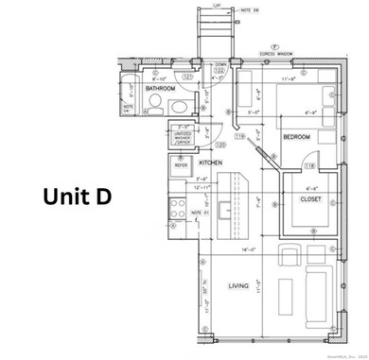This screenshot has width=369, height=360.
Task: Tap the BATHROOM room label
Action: (x=162, y=89)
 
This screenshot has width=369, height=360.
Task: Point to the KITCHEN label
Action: (x=209, y=162)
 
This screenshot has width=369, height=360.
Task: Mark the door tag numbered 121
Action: (x=187, y=75)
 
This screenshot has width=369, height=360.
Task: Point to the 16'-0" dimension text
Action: (x=249, y=249)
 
